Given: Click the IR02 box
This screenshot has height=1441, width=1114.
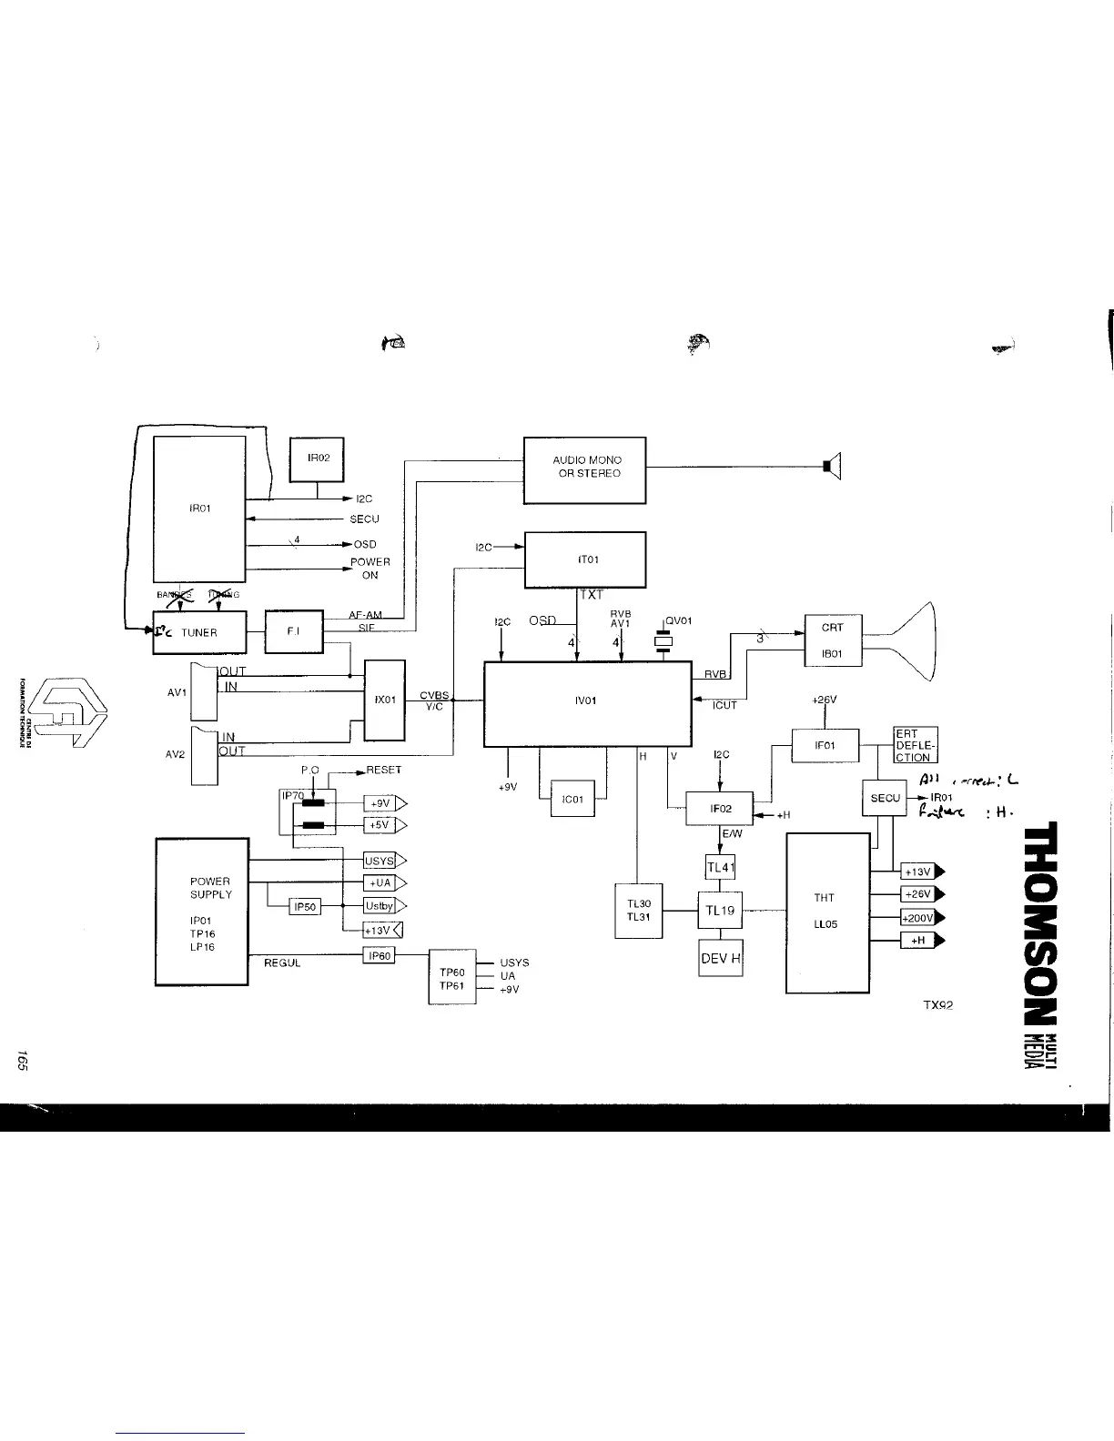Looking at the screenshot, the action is click(317, 459).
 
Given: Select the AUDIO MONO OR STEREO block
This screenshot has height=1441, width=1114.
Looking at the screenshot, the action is click(585, 469).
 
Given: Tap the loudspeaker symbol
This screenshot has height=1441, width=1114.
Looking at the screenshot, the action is click(832, 467).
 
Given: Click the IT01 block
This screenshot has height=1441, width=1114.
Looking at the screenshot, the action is click(585, 559).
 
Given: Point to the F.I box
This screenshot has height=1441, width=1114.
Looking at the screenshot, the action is click(293, 631).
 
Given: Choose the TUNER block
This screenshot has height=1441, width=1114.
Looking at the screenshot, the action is click(198, 632).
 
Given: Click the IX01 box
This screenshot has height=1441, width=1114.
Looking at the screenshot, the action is click(384, 700).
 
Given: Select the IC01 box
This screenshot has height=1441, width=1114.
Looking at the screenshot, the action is click(572, 800).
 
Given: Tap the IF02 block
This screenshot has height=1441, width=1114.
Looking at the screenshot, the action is click(719, 808).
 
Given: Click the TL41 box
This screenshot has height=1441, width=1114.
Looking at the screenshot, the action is click(720, 867).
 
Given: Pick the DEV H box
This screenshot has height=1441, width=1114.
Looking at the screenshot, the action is click(720, 958).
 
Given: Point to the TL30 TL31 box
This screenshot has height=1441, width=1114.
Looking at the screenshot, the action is click(639, 910).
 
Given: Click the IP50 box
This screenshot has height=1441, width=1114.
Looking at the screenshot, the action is click(304, 907).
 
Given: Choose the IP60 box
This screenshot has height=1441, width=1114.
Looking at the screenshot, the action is click(378, 955).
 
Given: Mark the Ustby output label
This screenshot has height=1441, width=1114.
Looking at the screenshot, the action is click(379, 905).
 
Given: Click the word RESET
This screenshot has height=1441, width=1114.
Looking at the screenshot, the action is click(383, 770).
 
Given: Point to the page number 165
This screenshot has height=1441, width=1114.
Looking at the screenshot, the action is click(21, 1061).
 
